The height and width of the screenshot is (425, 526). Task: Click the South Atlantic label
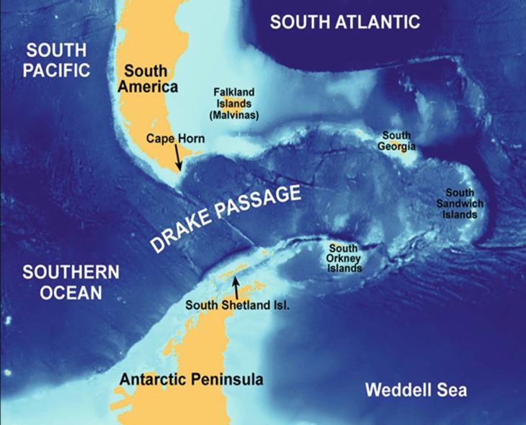(344, 22)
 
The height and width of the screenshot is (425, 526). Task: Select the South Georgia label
(396, 141)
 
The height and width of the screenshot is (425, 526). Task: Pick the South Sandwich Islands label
(459, 203)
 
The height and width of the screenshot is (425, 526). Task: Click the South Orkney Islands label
(344, 257)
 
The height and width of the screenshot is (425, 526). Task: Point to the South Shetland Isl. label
(237, 304)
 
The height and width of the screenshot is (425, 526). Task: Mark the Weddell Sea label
(417, 390)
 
